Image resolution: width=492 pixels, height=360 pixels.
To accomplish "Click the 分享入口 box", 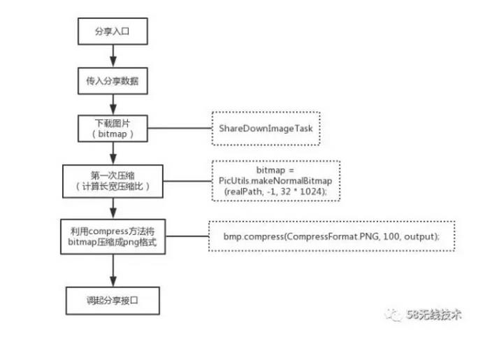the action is pyautogui.click(x=113, y=31).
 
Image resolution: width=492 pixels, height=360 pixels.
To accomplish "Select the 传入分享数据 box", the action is pyautogui.click(x=113, y=80).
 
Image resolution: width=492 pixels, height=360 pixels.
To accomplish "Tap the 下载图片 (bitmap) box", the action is pyautogui.click(x=113, y=129).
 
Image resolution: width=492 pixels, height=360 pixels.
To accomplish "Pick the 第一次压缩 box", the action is pyautogui.click(x=113, y=181).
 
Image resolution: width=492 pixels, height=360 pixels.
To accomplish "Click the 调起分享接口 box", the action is pyautogui.click(x=113, y=301).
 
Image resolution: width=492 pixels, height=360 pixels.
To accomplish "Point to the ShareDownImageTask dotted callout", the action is pyautogui.click(x=266, y=129).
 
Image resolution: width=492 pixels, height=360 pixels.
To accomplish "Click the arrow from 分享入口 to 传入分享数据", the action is pyautogui.click(x=113, y=56).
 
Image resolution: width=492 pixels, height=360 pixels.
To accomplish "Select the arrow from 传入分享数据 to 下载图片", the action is pyautogui.click(x=113, y=105).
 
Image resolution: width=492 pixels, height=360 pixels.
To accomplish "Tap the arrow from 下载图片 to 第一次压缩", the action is pyautogui.click(x=113, y=153).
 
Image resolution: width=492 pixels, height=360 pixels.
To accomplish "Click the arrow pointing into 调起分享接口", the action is pyautogui.click(x=113, y=271).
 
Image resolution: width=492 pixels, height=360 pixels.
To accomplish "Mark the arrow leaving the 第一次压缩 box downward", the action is pyautogui.click(x=113, y=208).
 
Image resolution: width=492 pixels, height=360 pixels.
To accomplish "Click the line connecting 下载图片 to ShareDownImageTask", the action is pyautogui.click(x=180, y=128).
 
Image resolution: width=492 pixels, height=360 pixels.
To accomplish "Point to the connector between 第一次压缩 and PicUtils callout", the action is pyautogui.click(x=187, y=181).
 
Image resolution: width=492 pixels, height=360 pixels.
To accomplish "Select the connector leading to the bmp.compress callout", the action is pyautogui.click(x=187, y=236).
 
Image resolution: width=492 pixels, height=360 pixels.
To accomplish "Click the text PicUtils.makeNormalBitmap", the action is pyautogui.click(x=275, y=181).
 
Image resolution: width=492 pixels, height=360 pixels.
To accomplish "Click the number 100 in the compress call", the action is pyautogui.click(x=391, y=236).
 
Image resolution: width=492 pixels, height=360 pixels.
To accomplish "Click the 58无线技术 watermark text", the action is pyautogui.click(x=434, y=314).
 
